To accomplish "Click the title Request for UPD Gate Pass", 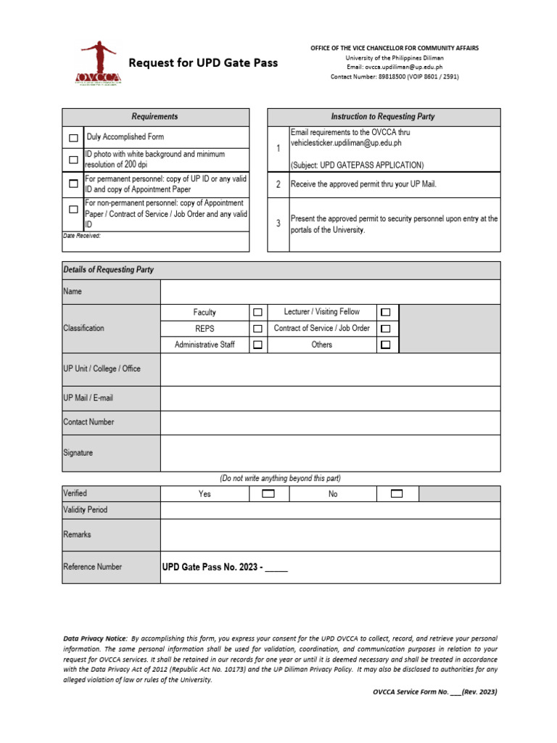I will point(203,63).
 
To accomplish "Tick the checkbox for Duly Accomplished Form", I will point(73,137).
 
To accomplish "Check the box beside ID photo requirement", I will point(73,160).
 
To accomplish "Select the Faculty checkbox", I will point(257,313).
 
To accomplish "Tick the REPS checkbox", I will point(257,329).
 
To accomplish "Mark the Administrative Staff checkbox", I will point(257,345).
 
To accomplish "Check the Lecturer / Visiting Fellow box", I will point(385,312).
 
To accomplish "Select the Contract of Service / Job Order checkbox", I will point(385,329).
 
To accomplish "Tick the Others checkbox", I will point(385,345).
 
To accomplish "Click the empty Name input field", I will point(330,292).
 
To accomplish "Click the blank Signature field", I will point(330,453).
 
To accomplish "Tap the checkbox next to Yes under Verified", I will point(268,493).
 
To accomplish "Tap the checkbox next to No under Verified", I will point(396,493).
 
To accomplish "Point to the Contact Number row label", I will point(88,422).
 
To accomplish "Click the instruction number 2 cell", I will point(278,184).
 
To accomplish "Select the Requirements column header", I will point(154,117).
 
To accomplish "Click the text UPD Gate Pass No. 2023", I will point(211,567).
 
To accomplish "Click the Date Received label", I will point(81,236).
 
